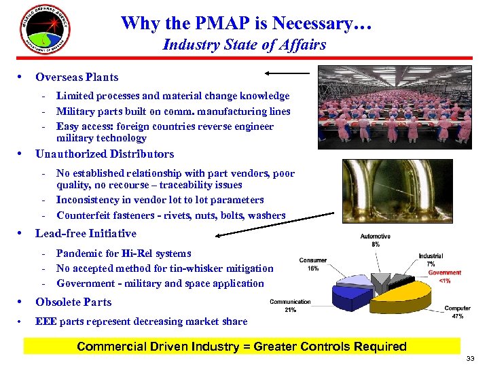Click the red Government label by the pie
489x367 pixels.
(x=444, y=273)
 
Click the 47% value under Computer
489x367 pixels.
(x=457, y=316)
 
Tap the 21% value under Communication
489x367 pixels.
(x=290, y=310)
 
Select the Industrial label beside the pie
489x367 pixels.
(x=431, y=256)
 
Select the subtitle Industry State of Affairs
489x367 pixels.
(x=244, y=45)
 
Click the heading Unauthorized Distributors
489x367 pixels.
(x=105, y=154)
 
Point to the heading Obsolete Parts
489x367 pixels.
(x=73, y=302)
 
